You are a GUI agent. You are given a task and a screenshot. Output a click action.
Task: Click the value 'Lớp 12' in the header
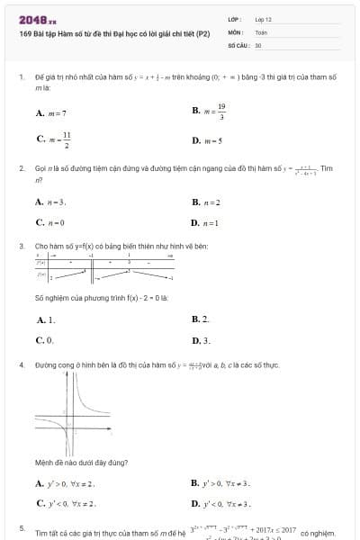[x=263, y=19]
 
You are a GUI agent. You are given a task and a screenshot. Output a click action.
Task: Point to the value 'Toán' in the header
[x=261, y=31]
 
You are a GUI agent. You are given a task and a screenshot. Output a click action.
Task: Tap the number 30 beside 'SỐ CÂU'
[x=258, y=44]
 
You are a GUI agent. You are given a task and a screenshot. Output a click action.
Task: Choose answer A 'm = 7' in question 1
[x=52, y=113]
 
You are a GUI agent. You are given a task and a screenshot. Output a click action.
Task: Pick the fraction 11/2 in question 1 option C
[x=66, y=139]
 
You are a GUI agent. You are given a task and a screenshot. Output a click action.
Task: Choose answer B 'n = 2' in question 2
[x=207, y=202]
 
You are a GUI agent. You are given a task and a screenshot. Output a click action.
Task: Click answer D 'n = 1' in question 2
[x=206, y=222]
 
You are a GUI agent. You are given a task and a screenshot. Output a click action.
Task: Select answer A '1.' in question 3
[x=46, y=319]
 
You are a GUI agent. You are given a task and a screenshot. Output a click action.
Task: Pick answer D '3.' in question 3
[x=202, y=341]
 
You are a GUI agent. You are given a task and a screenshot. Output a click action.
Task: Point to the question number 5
[x=22, y=528]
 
